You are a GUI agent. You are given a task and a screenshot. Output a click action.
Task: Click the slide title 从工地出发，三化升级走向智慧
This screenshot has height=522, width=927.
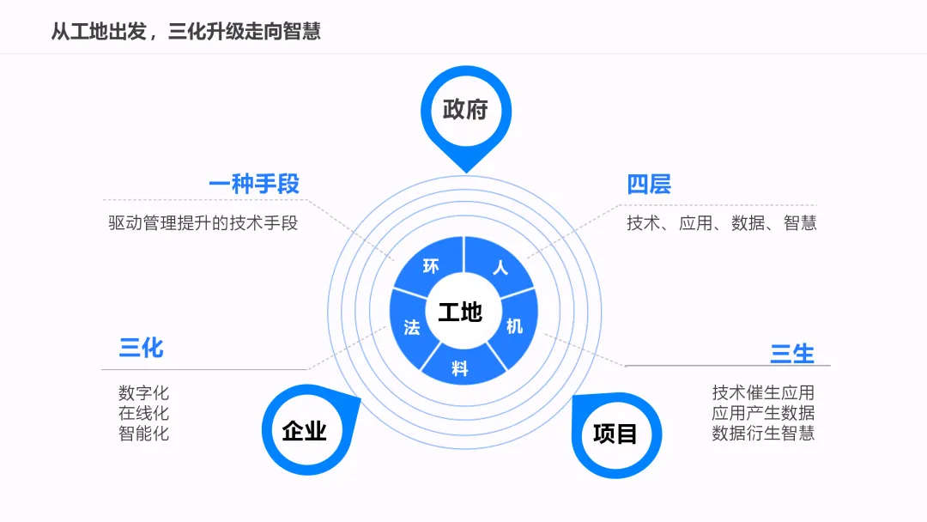click(185, 32)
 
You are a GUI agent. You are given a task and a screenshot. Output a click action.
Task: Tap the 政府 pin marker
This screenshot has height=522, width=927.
click(465, 110)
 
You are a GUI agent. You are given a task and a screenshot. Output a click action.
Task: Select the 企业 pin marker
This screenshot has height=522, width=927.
click(304, 430)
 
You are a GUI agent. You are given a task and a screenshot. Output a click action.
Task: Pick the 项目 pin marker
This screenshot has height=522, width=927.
click(615, 434)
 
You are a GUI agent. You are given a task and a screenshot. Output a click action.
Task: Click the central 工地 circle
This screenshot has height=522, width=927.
click(460, 312)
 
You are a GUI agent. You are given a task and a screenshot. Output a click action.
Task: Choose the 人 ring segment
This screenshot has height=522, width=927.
click(500, 267)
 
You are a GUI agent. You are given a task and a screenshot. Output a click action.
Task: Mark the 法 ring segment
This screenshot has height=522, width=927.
click(411, 326)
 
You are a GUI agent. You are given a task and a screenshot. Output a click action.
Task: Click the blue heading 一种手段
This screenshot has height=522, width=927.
click(253, 184)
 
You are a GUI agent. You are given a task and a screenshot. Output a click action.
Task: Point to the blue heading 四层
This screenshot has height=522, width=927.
click(649, 184)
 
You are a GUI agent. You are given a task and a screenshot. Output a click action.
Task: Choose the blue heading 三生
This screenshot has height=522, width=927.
click(792, 353)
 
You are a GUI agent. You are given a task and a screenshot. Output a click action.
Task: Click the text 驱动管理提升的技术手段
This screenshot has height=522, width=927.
click(203, 223)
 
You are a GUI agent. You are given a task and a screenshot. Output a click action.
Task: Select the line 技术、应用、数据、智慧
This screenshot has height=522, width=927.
click(721, 223)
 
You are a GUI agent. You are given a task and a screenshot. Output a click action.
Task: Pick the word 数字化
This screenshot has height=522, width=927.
click(144, 393)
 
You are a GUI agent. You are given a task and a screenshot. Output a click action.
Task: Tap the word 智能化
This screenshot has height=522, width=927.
click(144, 434)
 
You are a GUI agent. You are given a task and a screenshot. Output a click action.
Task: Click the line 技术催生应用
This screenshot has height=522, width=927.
click(763, 393)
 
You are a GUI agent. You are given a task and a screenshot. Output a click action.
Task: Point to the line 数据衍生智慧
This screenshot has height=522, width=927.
click(763, 434)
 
